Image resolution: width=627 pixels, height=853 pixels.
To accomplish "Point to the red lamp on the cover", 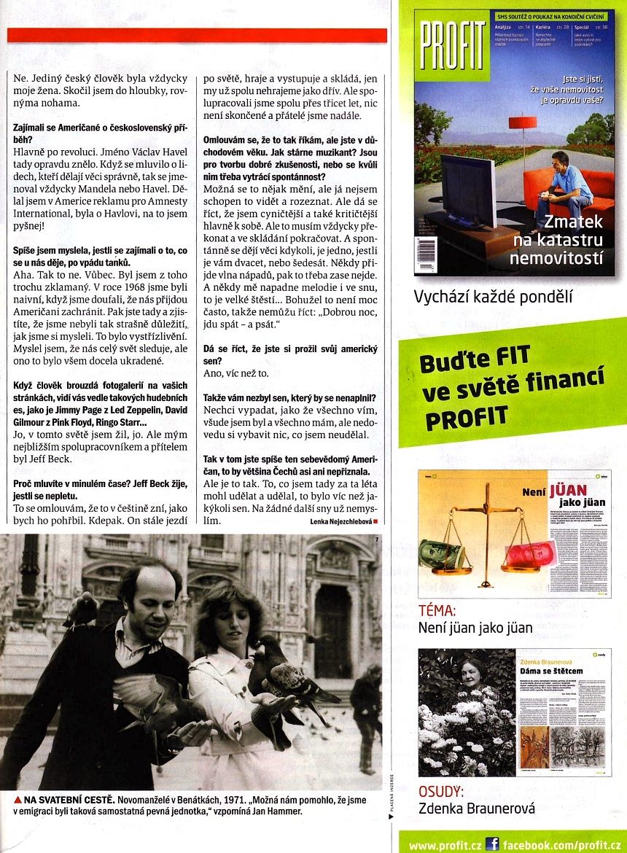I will coord(522,121).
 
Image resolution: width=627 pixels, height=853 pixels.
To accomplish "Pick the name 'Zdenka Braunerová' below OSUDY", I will coord(477,808).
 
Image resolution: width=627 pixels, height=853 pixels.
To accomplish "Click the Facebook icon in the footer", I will coord(493,844).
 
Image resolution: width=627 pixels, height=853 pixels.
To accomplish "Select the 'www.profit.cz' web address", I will coord(445,845).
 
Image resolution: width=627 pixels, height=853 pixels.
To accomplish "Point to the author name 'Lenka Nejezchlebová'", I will coord(340,522).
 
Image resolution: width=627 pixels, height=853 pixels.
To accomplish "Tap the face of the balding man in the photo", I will coord(149,598).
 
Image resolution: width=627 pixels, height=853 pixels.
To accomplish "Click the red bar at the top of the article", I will coord(197,35).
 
